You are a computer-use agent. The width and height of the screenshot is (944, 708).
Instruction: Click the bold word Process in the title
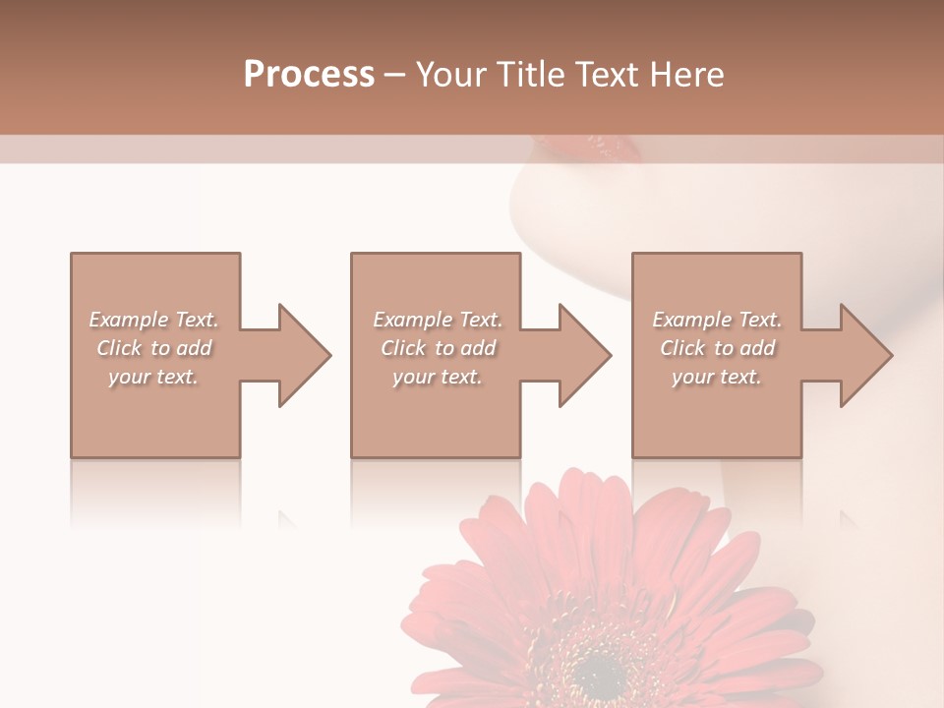pos(309,75)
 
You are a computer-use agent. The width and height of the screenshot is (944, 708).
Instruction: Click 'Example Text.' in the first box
pos(153,320)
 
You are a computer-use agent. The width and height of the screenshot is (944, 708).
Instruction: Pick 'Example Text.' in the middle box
pos(438,320)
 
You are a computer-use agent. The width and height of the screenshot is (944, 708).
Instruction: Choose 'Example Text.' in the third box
pos(717,320)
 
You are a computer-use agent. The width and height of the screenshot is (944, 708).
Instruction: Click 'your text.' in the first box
pos(153,377)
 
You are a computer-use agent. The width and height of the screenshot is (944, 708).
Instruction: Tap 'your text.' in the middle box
pos(438,377)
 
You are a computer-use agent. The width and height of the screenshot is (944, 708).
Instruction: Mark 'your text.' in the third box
pos(717,377)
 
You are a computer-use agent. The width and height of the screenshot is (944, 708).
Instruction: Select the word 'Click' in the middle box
pos(404,348)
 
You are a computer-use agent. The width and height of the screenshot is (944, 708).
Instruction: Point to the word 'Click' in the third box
pos(683,348)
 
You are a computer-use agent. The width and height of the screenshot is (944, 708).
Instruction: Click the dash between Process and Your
pos(395,76)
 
